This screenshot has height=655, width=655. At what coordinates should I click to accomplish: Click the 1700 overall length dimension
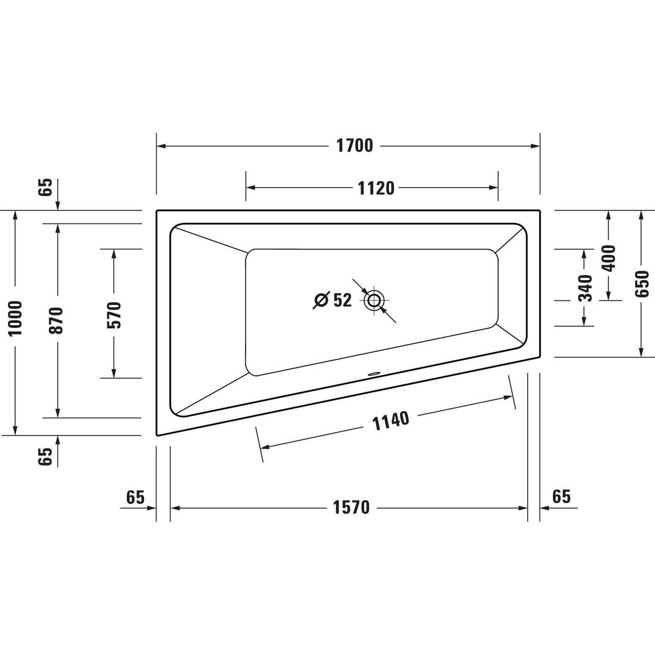[355, 146]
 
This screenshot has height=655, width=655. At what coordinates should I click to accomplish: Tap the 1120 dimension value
[376, 189]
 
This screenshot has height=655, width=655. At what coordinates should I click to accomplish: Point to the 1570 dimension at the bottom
[351, 508]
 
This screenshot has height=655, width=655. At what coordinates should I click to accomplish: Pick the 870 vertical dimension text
[56, 320]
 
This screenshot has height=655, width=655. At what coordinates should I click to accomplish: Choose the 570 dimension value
[114, 315]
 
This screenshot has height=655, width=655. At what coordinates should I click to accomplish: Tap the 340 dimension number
[585, 289]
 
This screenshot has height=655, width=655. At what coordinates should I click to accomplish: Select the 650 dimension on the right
[642, 284]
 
